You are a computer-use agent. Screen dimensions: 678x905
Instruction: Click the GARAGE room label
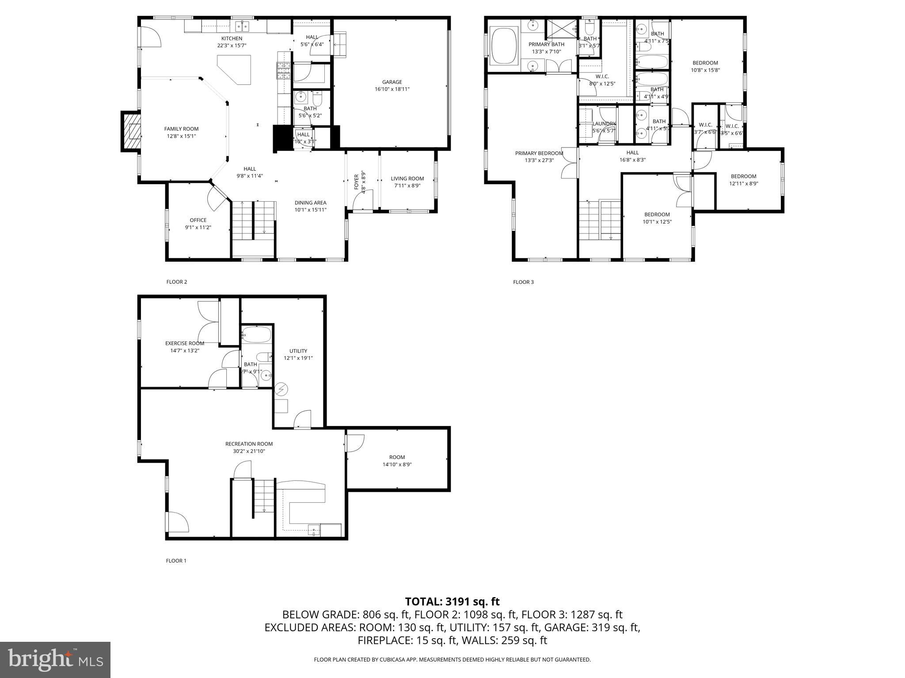[392, 82]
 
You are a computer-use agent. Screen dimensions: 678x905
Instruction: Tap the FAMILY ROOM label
[181, 129]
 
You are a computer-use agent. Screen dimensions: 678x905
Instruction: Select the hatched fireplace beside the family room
[131, 131]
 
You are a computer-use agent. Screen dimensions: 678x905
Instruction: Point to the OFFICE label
[198, 220]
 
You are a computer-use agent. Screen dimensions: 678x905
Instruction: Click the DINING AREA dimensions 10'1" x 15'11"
[310, 210]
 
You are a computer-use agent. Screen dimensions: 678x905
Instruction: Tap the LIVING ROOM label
[407, 179]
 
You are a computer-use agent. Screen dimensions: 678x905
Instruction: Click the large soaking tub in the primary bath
[504, 45]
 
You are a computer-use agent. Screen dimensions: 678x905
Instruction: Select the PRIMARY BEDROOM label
[539, 154]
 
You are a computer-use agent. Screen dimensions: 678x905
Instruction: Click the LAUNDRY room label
[604, 124]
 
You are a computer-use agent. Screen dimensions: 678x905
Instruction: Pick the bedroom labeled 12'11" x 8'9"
[743, 180]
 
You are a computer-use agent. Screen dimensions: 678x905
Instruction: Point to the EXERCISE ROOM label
[185, 343]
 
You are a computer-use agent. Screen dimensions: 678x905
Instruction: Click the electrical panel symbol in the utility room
[281, 389]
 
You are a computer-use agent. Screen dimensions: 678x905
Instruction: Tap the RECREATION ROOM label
[249, 444]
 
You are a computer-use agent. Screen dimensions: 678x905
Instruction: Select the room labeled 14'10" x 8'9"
[397, 461]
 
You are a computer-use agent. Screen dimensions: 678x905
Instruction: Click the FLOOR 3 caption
[523, 282]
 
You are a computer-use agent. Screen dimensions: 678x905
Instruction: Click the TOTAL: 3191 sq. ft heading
[452, 602]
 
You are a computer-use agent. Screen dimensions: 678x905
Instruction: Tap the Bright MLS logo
[55, 659]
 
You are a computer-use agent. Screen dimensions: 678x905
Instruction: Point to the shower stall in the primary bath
[561, 30]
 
